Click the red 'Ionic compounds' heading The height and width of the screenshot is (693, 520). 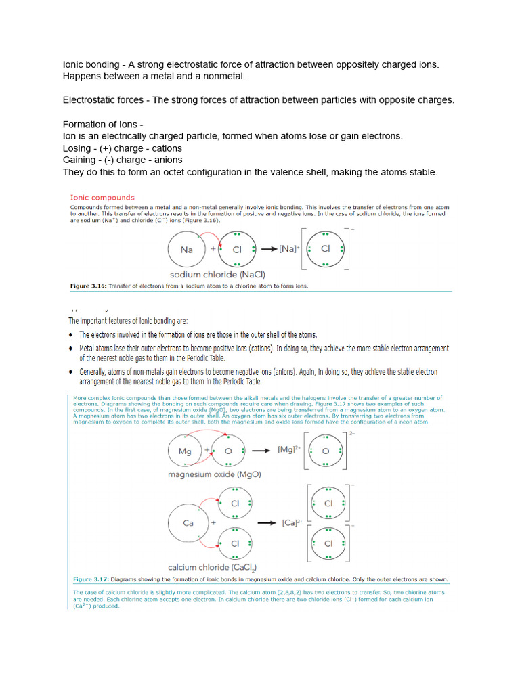(x=102, y=198)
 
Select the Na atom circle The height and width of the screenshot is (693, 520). (x=188, y=250)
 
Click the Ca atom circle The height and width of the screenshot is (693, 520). (x=189, y=523)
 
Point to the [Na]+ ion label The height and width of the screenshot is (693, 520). (x=290, y=249)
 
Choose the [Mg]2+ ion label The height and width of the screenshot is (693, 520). (x=290, y=450)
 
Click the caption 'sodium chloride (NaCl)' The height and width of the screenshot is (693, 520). (x=217, y=274)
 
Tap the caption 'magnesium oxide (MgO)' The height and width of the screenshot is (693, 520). (x=214, y=474)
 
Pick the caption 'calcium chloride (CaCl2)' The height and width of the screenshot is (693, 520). (x=212, y=567)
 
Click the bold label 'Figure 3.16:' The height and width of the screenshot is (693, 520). (x=89, y=286)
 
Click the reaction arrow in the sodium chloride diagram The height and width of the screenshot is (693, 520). (x=268, y=249)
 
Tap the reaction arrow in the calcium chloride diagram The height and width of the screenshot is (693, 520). (x=268, y=523)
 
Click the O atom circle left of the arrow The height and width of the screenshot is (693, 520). (x=229, y=451)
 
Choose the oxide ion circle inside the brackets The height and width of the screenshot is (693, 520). (x=326, y=451)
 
